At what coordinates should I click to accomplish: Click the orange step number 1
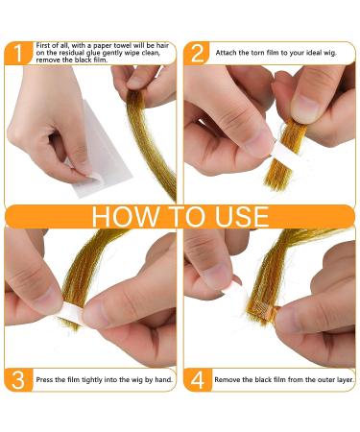(x=18, y=53)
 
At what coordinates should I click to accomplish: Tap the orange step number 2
(x=197, y=53)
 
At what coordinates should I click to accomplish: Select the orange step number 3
(x=18, y=380)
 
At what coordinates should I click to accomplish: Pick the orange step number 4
(x=198, y=380)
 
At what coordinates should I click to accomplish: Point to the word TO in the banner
(x=186, y=217)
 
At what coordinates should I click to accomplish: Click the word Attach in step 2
(x=226, y=53)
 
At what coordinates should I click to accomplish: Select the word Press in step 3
(x=44, y=380)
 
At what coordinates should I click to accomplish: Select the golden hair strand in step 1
(x=151, y=141)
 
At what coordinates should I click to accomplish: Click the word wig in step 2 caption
(x=330, y=54)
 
